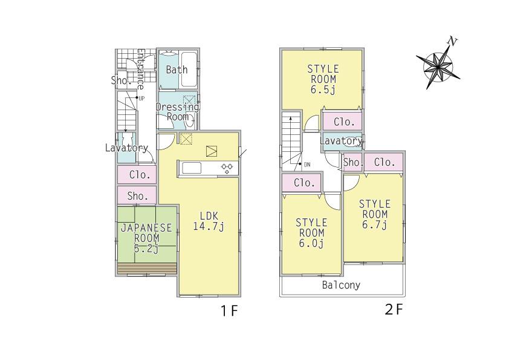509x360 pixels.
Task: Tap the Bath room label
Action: [177, 70]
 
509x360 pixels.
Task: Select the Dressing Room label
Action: [177, 111]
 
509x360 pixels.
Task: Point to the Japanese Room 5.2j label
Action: [147, 238]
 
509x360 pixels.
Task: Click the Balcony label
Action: [341, 285]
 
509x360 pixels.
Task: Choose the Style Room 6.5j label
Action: [323, 79]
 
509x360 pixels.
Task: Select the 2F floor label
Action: [394, 310]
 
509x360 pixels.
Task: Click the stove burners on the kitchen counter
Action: [227, 168]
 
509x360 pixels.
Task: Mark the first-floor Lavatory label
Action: [126, 148]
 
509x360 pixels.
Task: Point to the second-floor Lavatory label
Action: [340, 141]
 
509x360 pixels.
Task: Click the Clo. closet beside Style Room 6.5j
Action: [343, 122]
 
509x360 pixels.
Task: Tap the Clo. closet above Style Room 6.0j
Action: [304, 183]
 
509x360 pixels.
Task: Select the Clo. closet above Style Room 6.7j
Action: [384, 162]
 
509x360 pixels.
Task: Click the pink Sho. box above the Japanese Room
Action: [137, 195]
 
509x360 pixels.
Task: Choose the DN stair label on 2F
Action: [306, 165]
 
